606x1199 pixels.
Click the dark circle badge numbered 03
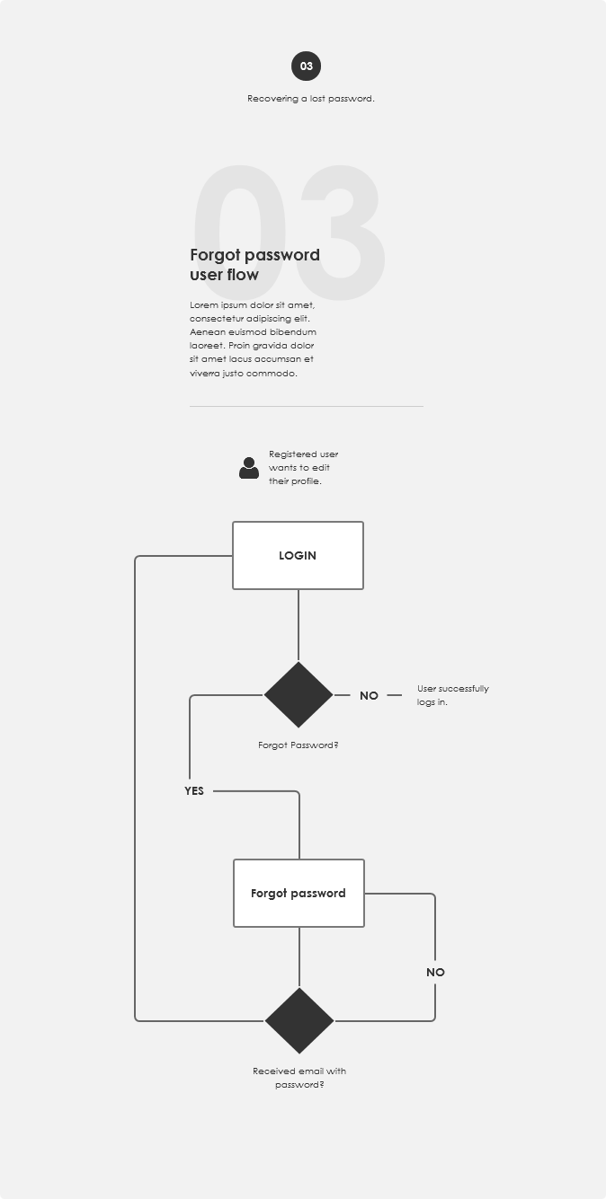tap(306, 66)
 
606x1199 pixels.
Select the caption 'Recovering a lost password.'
tap(311, 99)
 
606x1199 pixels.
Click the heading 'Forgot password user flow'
tap(254, 264)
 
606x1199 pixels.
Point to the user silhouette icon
tap(249, 468)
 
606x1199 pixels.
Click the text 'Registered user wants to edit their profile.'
tap(303, 467)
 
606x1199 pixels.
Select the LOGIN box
tap(298, 556)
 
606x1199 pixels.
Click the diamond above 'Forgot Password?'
tap(299, 695)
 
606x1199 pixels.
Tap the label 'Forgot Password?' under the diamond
tap(298, 745)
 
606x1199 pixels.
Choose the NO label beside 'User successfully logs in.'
tap(369, 695)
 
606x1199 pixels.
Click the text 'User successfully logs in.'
tap(453, 695)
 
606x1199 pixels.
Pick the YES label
tap(194, 790)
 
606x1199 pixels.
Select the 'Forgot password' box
tap(299, 894)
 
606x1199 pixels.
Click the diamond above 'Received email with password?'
tap(299, 1021)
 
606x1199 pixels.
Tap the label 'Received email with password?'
tap(299, 1078)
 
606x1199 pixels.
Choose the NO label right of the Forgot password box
tap(435, 972)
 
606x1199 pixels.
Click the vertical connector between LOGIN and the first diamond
tap(299, 625)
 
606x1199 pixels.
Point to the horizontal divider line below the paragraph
tap(307, 406)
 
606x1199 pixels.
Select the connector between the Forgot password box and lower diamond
tap(299, 957)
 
